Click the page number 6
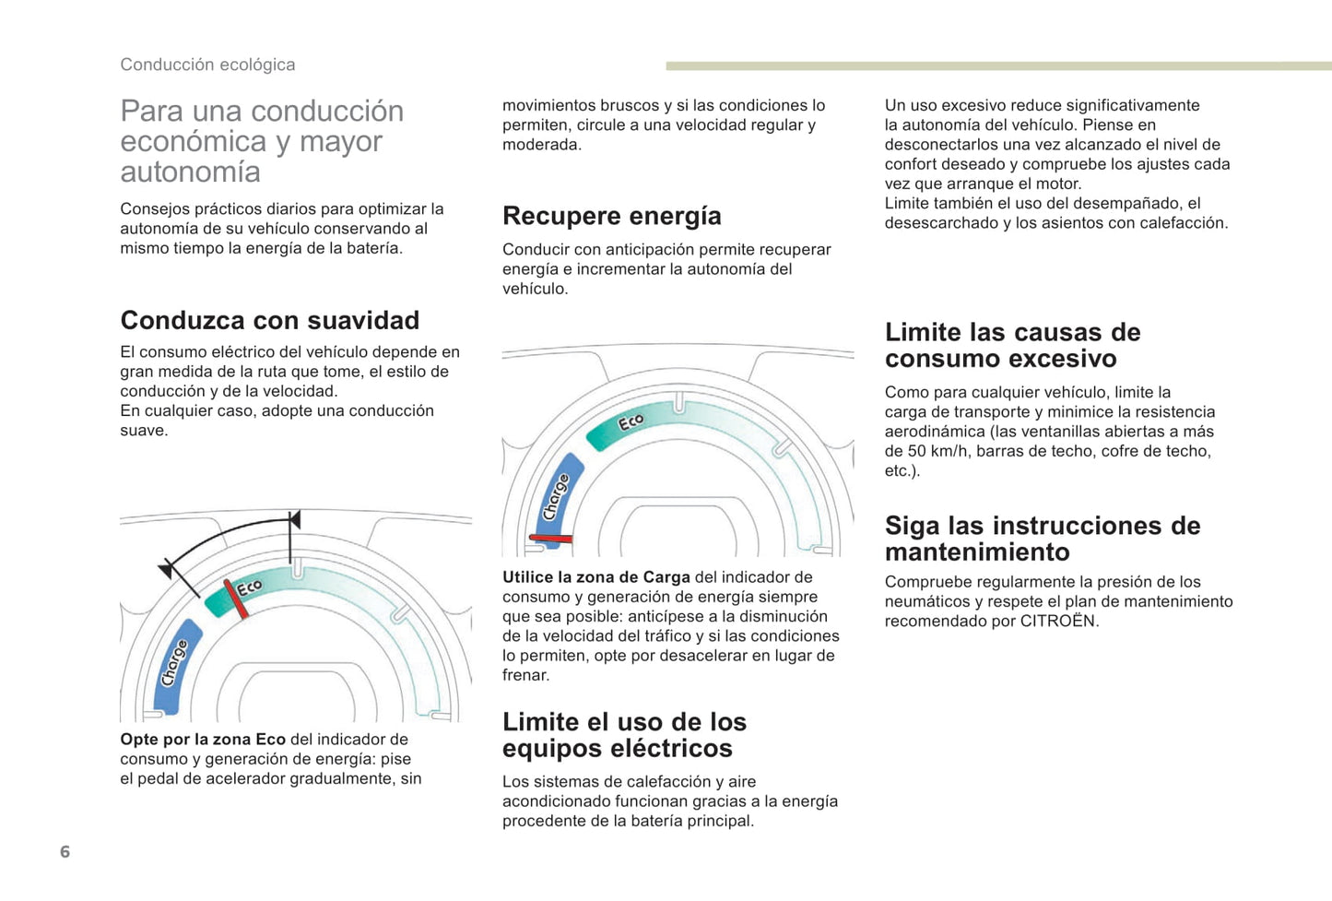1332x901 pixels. click(x=65, y=851)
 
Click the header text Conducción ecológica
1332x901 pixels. click(x=207, y=65)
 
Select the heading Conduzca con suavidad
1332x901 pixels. click(x=269, y=320)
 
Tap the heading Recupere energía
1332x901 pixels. click(x=611, y=216)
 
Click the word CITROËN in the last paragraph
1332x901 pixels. click(x=1058, y=621)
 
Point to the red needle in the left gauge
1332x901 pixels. click(x=236, y=599)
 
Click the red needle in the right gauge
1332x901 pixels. click(x=551, y=538)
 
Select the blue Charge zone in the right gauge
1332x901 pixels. click(x=556, y=498)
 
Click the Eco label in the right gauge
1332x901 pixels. click(x=631, y=422)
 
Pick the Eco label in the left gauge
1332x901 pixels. click(x=249, y=587)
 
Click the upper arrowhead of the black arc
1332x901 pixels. click(x=294, y=520)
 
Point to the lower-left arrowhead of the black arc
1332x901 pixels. click(x=166, y=569)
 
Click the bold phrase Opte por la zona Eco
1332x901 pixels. click(x=203, y=740)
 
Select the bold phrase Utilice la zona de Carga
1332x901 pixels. click(x=595, y=577)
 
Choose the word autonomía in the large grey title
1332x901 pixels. click(x=190, y=172)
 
